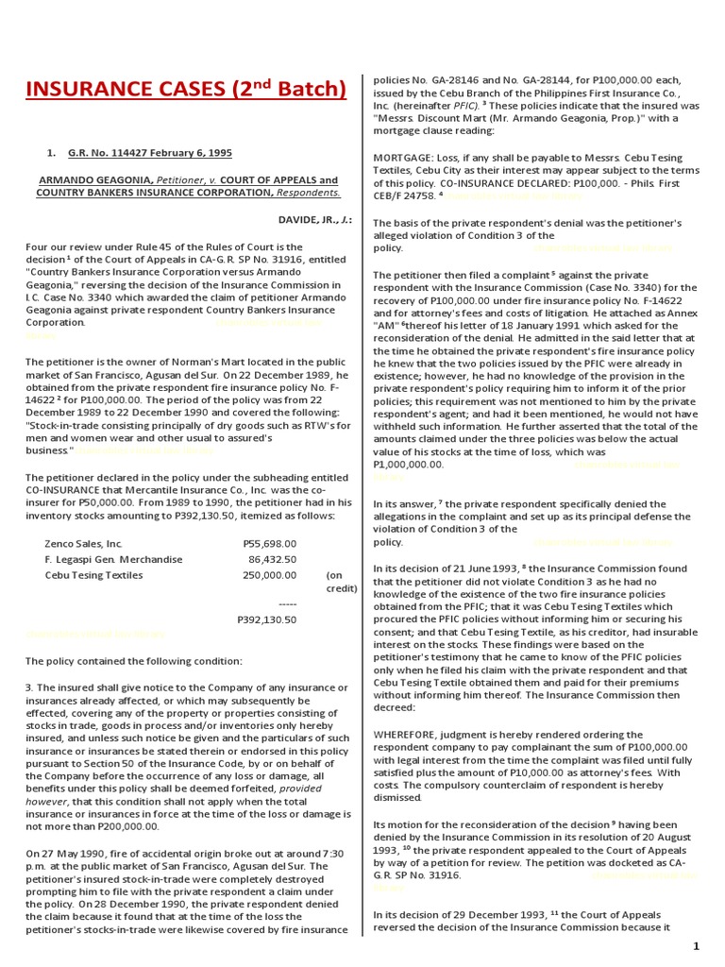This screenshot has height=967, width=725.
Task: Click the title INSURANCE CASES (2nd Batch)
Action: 186,90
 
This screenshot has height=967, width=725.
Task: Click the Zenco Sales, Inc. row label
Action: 84,543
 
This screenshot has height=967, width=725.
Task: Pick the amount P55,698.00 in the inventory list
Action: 270,543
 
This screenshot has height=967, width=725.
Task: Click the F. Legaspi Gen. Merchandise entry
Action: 113,559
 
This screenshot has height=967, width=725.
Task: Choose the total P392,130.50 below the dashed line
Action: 266,619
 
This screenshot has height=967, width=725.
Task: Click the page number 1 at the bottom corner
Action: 696,946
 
